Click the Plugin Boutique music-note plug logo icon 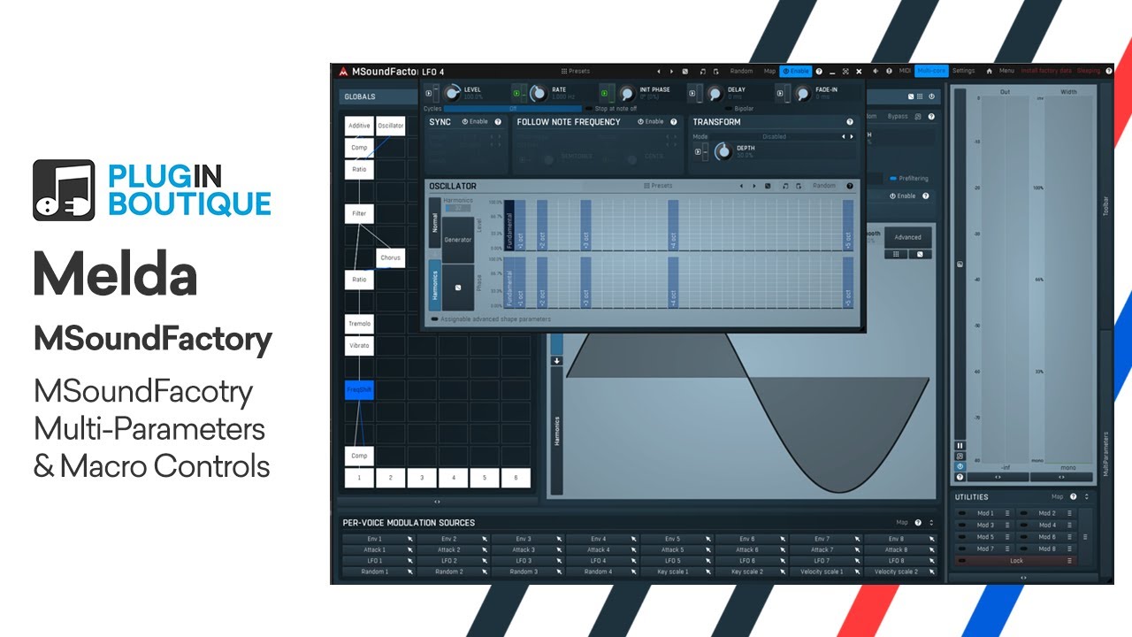pyautogui.click(x=64, y=189)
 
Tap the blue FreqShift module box pyautogui.click(x=359, y=390)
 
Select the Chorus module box pyautogui.click(x=390, y=257)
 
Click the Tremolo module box pyautogui.click(x=359, y=324)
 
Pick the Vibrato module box pyautogui.click(x=359, y=346)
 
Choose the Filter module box pyautogui.click(x=359, y=213)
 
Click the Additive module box pyautogui.click(x=359, y=126)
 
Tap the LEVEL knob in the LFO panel pyautogui.click(x=453, y=93)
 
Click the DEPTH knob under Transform pyautogui.click(x=723, y=151)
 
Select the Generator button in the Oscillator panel pyautogui.click(x=458, y=240)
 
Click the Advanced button pyautogui.click(x=907, y=237)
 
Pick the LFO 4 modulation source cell pyautogui.click(x=598, y=561)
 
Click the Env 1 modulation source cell pyautogui.click(x=375, y=538)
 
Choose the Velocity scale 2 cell pyautogui.click(x=896, y=572)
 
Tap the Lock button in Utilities pyautogui.click(x=1016, y=561)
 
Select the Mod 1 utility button pyautogui.click(x=985, y=513)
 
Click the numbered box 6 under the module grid pyautogui.click(x=516, y=478)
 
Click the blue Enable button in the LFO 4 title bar pyautogui.click(x=796, y=71)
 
